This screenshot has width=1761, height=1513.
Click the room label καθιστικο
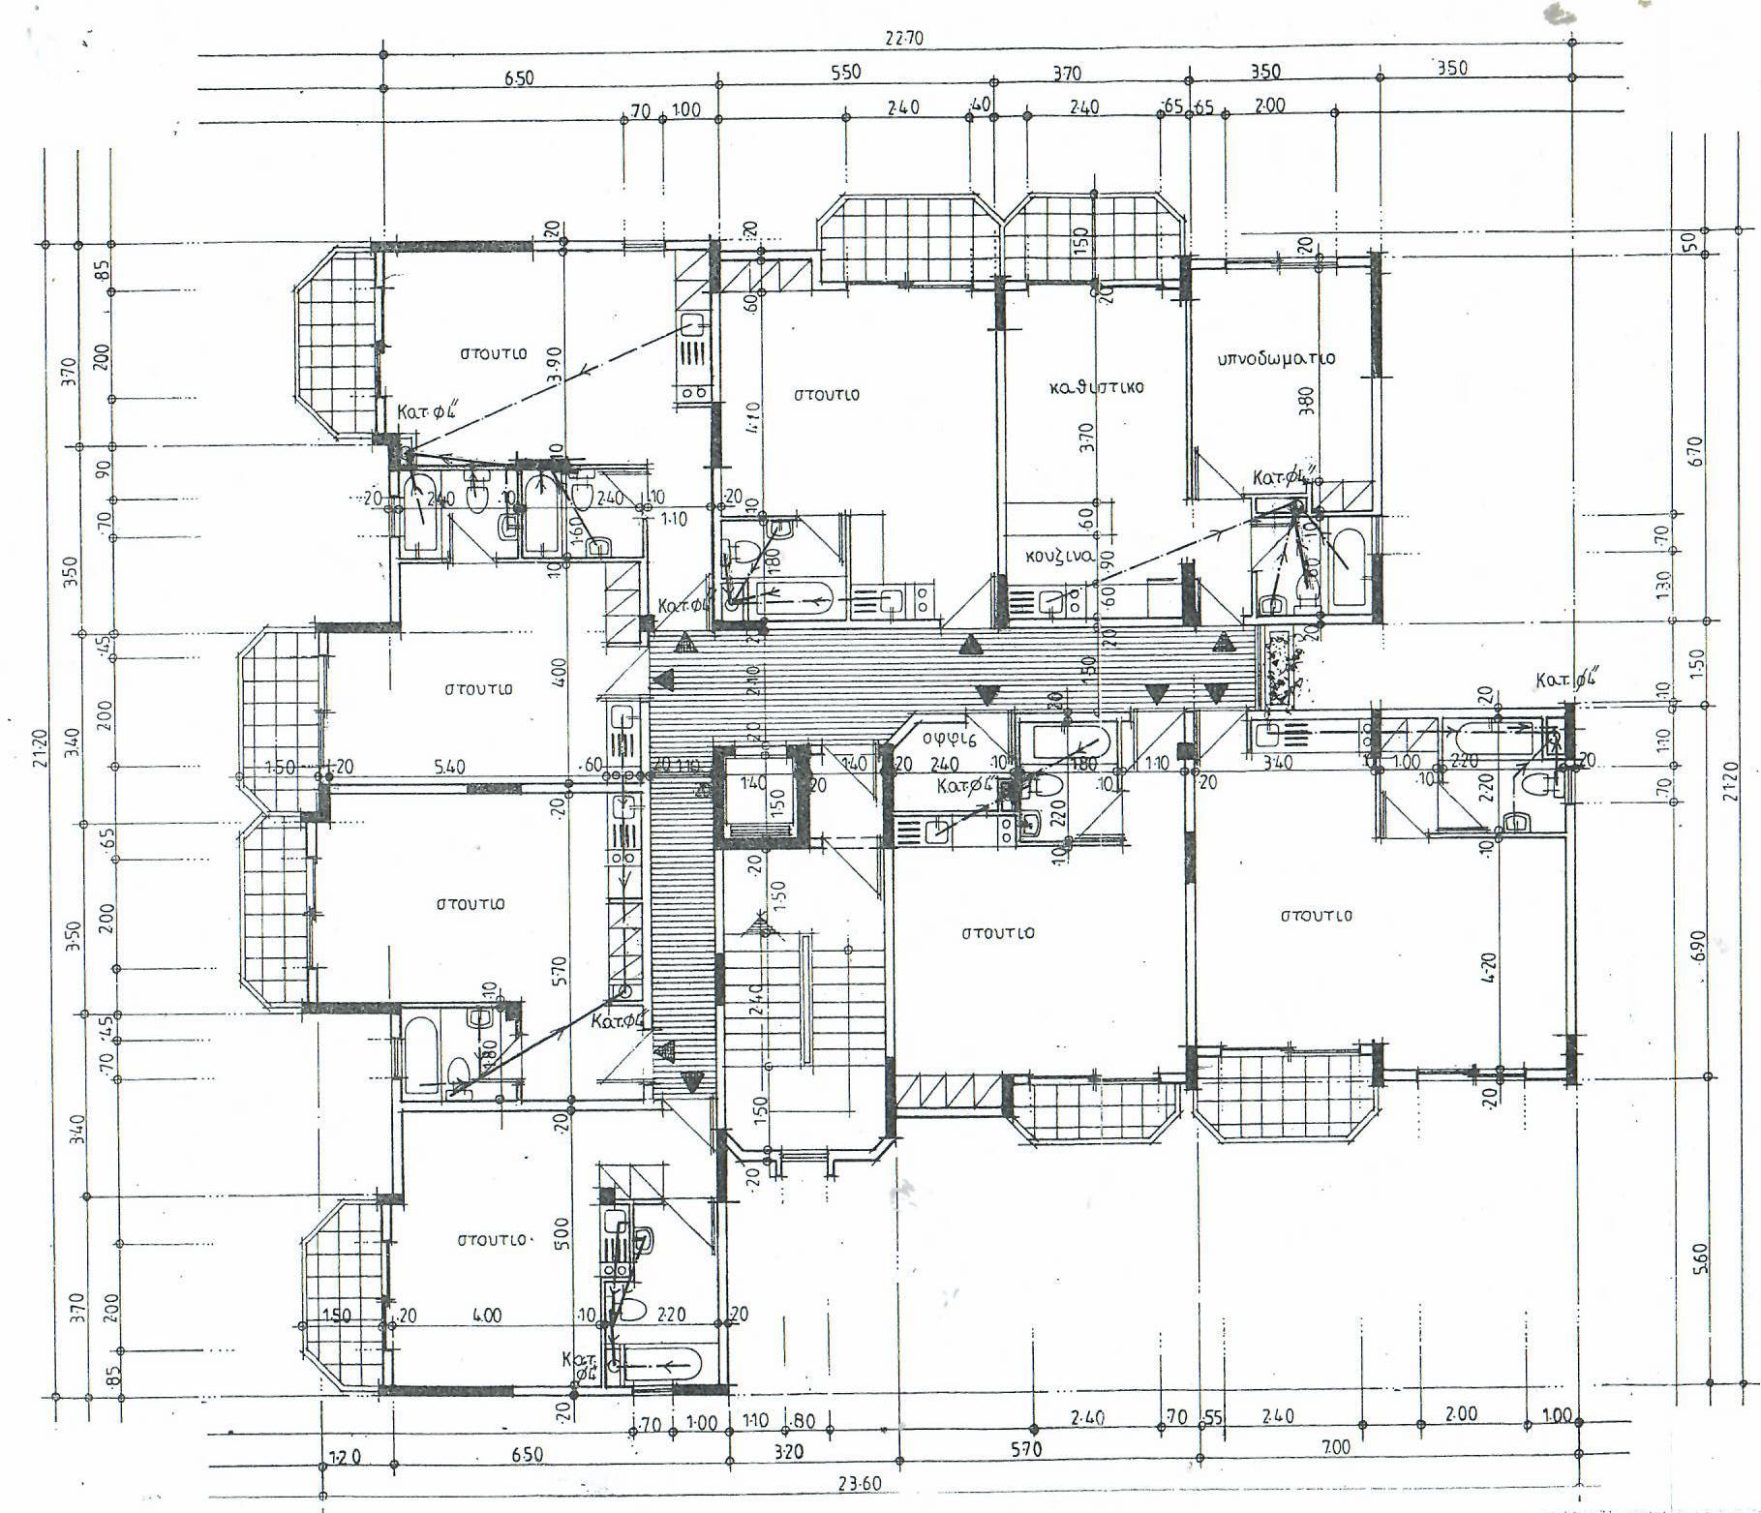click(1096, 387)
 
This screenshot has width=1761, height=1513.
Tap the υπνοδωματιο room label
click(1276, 358)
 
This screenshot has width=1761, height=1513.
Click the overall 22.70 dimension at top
click(902, 39)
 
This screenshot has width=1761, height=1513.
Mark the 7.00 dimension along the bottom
click(1335, 1447)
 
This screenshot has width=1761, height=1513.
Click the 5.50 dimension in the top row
click(845, 73)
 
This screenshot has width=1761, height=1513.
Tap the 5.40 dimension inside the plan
click(448, 768)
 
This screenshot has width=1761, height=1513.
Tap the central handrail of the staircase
click(804, 997)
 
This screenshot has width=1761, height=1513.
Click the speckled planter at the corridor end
click(1283, 668)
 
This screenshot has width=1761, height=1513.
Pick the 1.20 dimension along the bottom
click(337, 1455)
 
